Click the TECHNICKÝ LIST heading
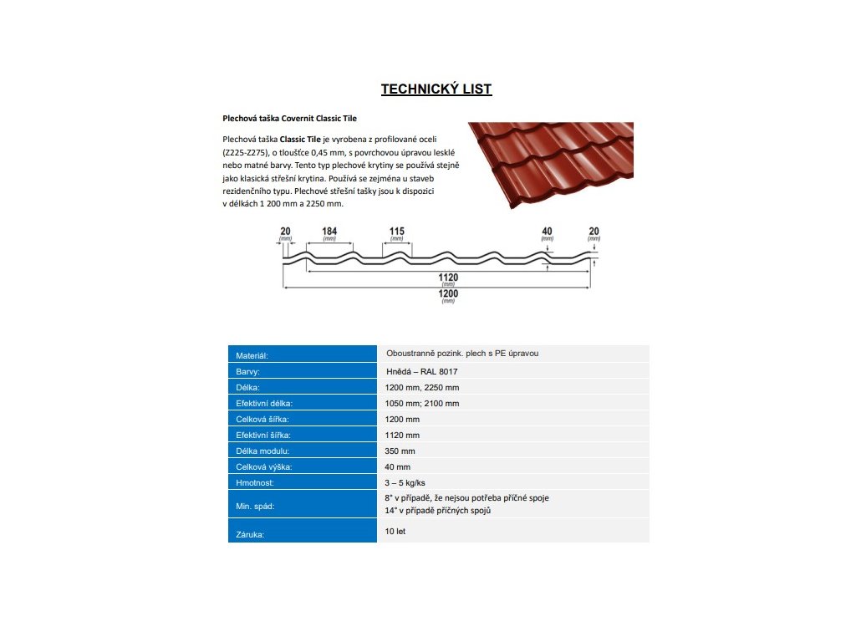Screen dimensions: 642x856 coord(436,89)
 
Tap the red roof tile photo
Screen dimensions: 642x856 coord(549,163)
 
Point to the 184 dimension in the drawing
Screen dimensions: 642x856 coord(329,232)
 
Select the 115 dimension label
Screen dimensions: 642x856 coord(397,232)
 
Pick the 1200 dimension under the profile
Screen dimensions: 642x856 coord(449,293)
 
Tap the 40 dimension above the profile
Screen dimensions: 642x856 coord(547,232)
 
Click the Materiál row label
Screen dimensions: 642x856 coord(252,356)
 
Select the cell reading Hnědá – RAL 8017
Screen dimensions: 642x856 coord(421,371)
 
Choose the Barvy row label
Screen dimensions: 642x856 coord(248,372)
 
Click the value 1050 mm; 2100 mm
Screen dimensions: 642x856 coord(422,403)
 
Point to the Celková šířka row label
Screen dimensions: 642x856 coord(262,420)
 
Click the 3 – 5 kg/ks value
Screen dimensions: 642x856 coord(405,483)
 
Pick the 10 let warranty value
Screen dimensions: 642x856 coord(395,531)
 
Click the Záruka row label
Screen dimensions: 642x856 coord(250,534)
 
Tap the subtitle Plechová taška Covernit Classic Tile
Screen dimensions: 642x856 coord(289,119)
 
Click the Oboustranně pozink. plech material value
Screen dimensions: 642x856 coord(462,354)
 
